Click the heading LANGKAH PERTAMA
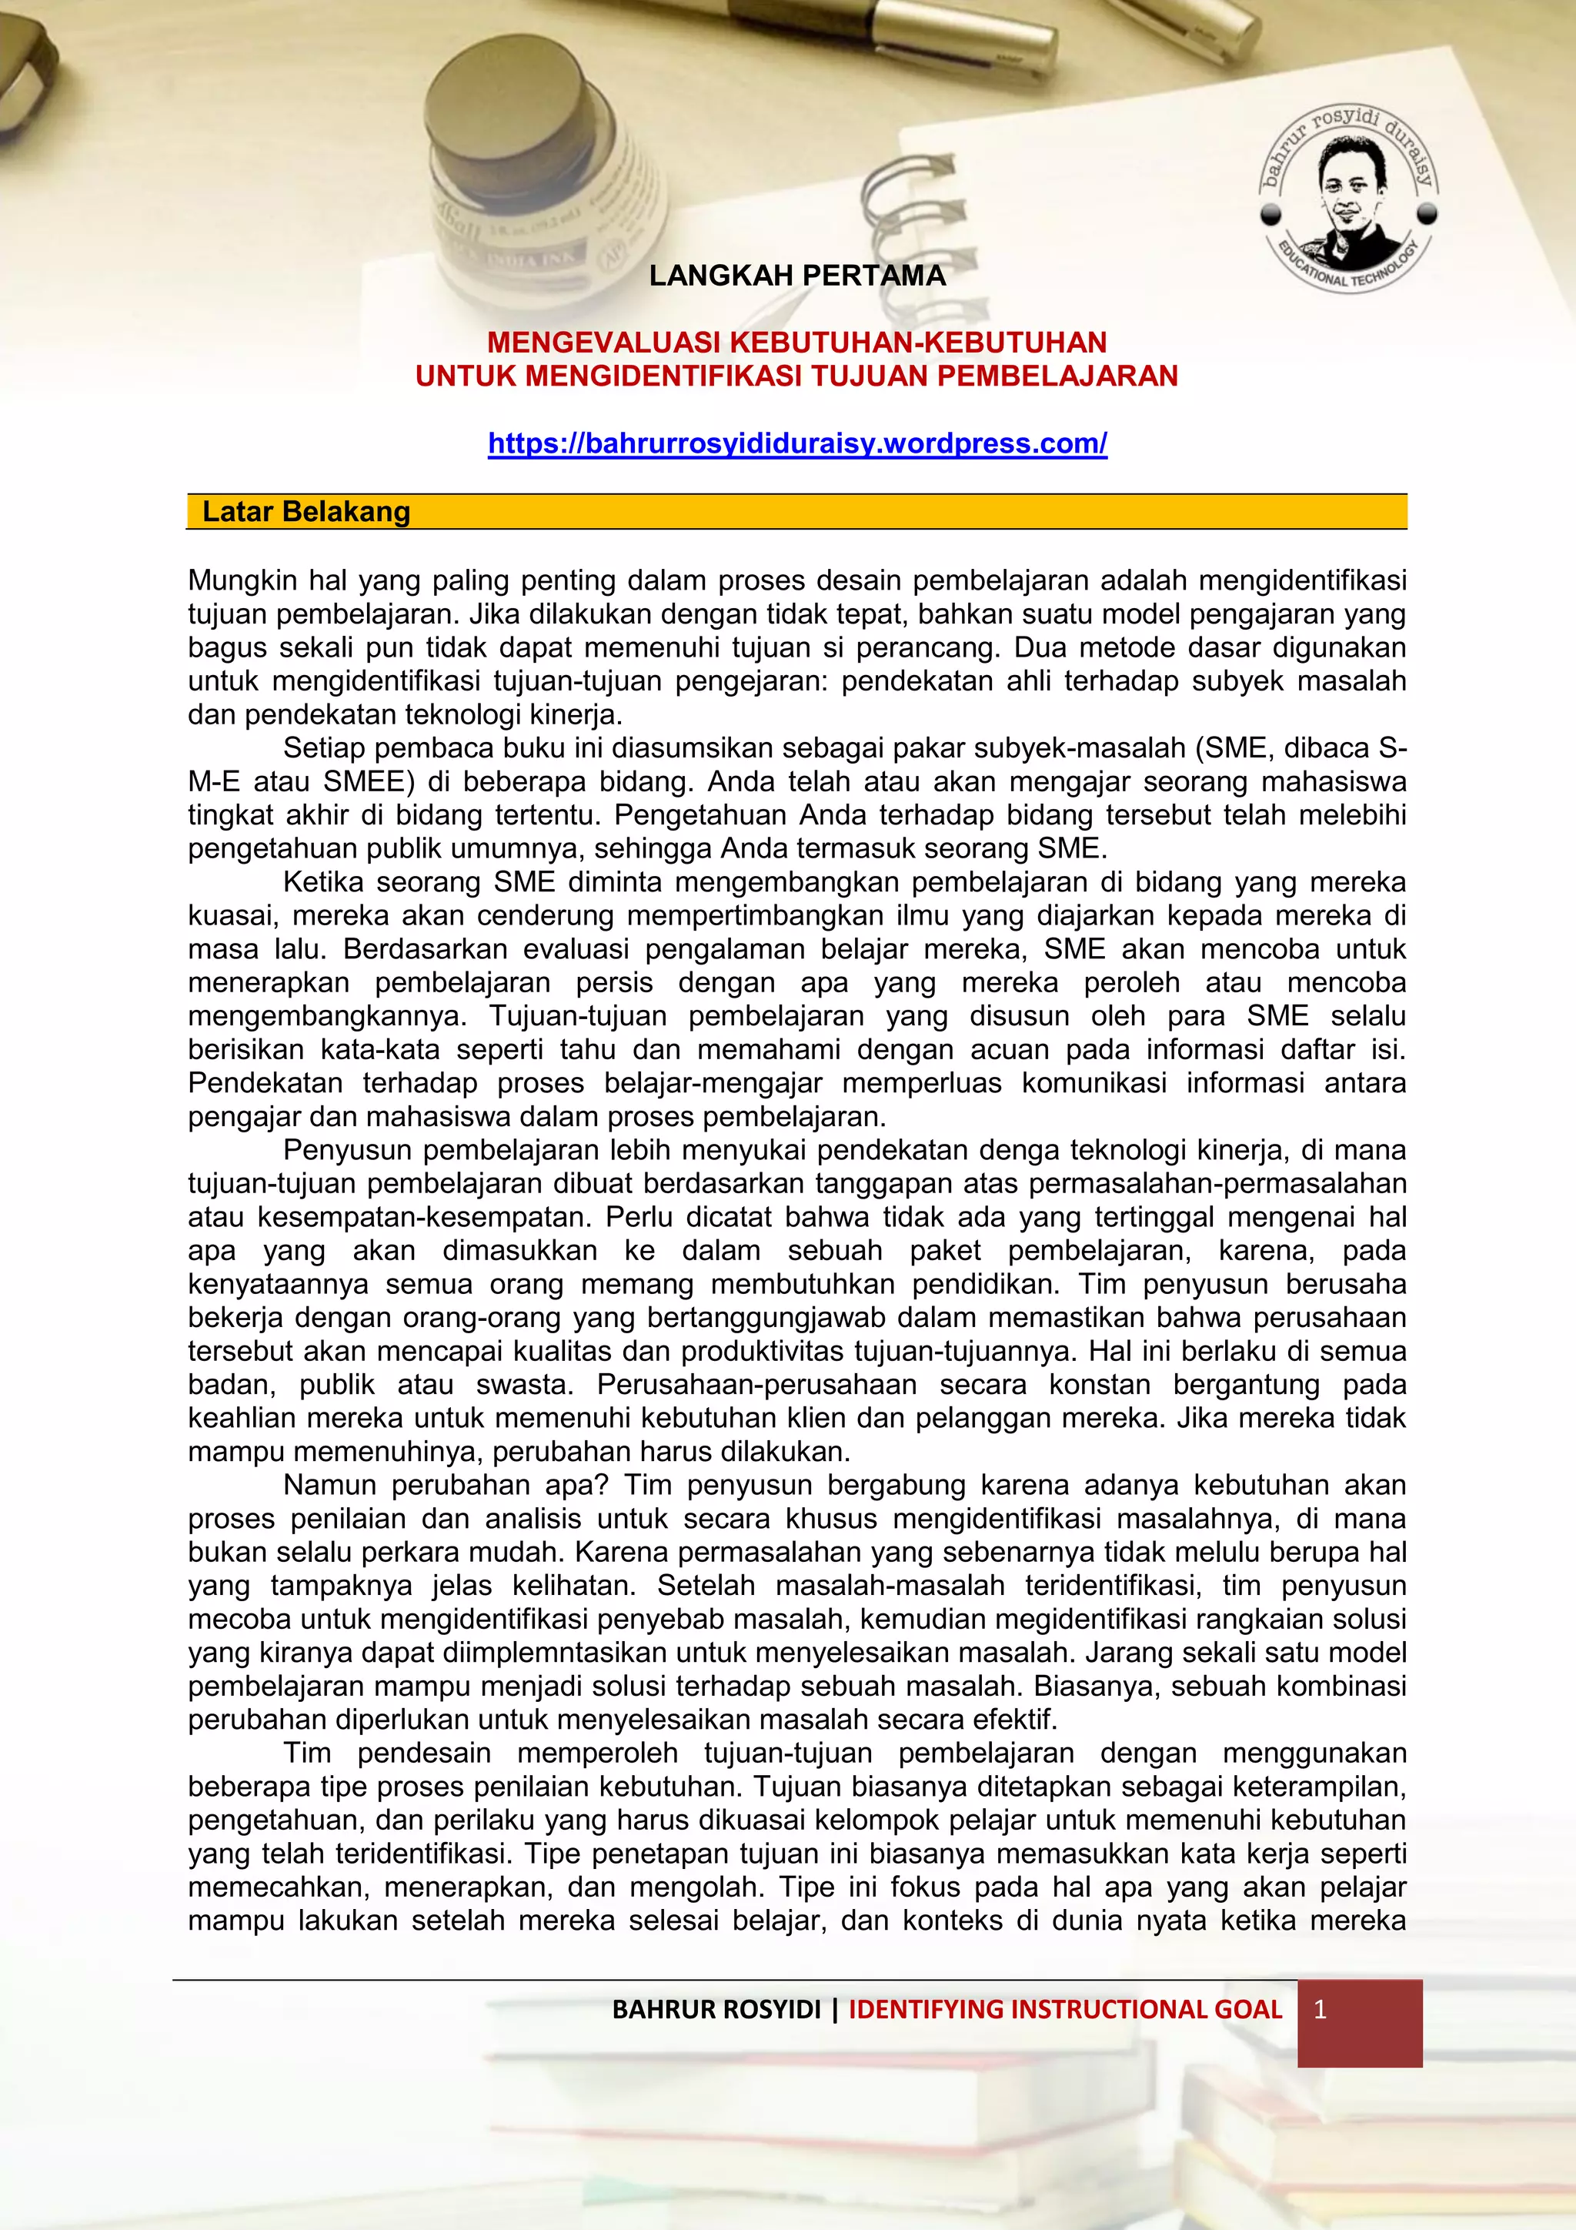click(x=797, y=276)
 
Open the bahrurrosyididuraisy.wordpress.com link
click(x=797, y=444)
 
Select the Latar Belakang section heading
click(x=306, y=512)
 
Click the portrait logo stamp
click(x=1349, y=199)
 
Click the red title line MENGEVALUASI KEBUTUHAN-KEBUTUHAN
click(x=797, y=342)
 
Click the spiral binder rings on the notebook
click(x=913, y=199)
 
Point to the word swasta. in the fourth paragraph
click(x=526, y=1384)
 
